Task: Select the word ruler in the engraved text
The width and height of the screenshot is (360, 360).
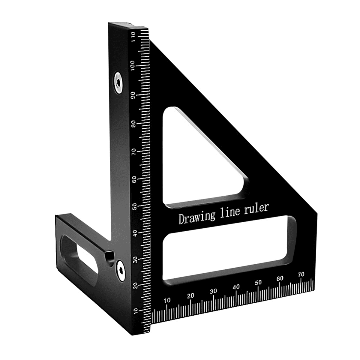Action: (256, 208)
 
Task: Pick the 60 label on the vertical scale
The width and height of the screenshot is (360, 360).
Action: (134, 179)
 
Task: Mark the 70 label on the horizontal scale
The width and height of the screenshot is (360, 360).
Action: (301, 274)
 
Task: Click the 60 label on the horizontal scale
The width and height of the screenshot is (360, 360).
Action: (280, 278)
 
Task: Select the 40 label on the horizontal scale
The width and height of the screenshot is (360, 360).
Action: (236, 287)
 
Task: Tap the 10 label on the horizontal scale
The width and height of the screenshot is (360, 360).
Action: (167, 300)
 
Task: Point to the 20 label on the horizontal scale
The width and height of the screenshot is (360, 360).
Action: (190, 296)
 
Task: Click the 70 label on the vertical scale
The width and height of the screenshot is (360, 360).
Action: (134, 151)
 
